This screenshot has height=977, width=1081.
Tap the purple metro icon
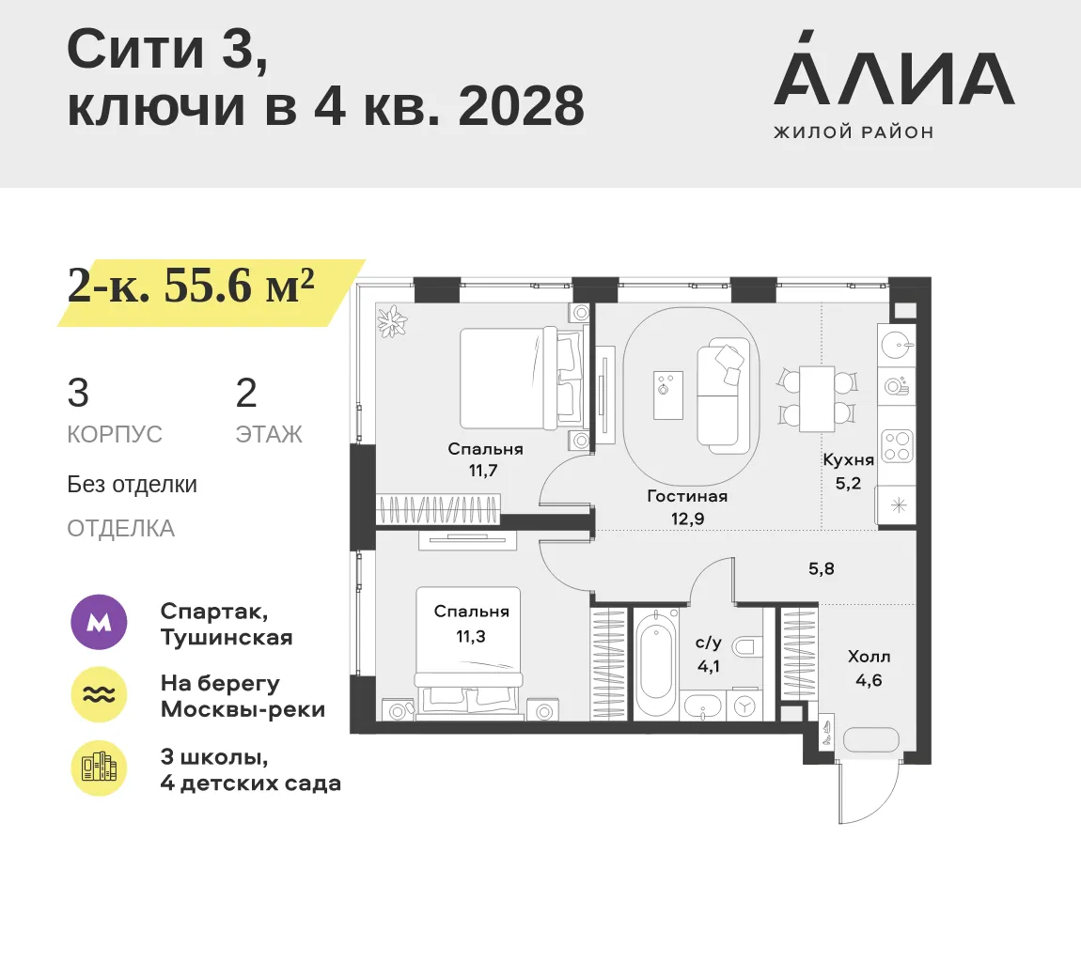pos(100,623)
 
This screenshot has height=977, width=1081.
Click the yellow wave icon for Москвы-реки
pos(100,695)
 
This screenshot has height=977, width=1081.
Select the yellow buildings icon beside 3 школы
pos(100,768)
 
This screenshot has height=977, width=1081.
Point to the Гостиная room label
pos(687,496)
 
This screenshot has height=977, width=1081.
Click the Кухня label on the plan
pos(848,459)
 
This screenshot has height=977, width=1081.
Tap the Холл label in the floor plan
pos(869,657)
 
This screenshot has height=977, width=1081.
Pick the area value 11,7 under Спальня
pos(483,472)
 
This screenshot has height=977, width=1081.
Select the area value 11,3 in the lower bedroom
pos(471,637)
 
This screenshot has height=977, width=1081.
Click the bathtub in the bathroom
pos(654,664)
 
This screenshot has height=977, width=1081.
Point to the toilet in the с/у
pos(747,647)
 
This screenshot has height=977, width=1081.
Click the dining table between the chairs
pos(817,399)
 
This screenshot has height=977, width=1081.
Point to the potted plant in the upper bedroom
pos(393,321)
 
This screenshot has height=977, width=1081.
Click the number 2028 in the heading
pos(521,107)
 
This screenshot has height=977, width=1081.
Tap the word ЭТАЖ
pos(269,435)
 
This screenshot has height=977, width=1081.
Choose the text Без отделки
pos(132,485)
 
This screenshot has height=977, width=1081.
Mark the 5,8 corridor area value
pos(822,568)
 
